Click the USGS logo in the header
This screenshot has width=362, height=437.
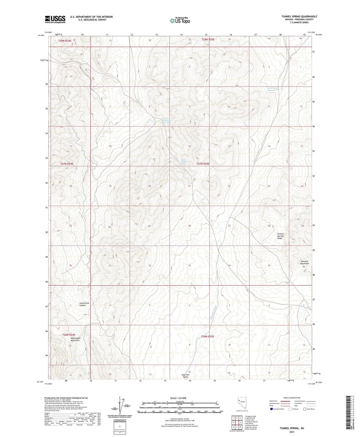click(x=55, y=19)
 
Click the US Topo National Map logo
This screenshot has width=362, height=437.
click(x=180, y=20)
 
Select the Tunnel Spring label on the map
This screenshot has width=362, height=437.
click(x=273, y=88)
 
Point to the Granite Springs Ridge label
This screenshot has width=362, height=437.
click(x=280, y=236)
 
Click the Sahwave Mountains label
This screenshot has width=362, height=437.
click(x=305, y=262)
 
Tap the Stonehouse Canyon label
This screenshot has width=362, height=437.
click(x=84, y=304)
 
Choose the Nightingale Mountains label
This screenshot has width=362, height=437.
click(x=75, y=339)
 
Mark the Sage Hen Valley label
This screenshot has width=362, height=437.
click(x=185, y=376)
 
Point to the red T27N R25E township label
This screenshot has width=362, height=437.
click(x=203, y=164)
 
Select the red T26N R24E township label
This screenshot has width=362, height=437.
click(x=69, y=335)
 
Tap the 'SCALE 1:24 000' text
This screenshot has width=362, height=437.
click(x=178, y=398)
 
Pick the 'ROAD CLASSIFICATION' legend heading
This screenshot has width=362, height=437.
click(x=292, y=398)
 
